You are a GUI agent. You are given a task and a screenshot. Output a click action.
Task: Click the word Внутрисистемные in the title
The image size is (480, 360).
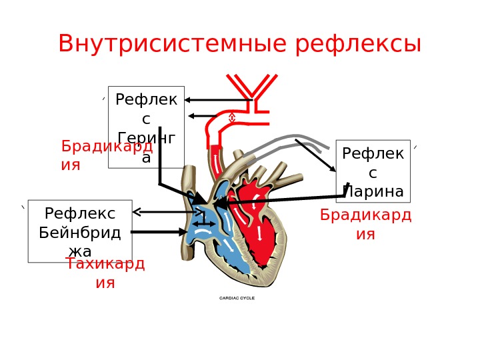point(174,44)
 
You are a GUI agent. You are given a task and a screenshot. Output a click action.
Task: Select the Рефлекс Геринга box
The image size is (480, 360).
point(146,127)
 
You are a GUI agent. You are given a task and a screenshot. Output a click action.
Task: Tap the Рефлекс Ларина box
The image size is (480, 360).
point(373,171)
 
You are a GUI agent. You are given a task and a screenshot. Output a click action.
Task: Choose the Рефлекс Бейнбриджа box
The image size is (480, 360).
point(80,231)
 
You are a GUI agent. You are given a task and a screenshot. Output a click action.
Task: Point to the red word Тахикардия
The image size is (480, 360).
point(105,273)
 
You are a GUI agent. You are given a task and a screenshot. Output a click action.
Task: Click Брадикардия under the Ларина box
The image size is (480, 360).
point(365,224)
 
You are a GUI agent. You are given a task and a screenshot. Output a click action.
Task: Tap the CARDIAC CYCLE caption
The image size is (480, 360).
point(237,298)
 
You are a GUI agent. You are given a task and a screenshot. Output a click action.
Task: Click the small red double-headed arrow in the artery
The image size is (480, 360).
point(232,118)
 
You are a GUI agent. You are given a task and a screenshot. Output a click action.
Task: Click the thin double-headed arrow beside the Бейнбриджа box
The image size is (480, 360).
point(167,213)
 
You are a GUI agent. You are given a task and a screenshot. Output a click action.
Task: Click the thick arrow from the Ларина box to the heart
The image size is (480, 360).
point(280,199)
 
